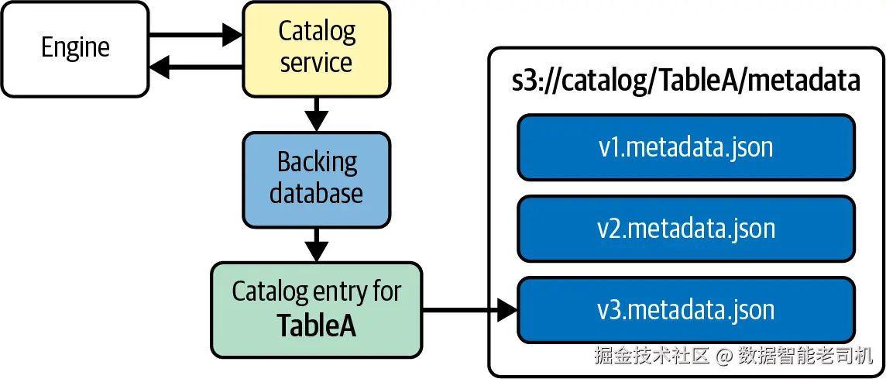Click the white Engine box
75,49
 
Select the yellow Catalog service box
316,49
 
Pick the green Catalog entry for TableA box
316,310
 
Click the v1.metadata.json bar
685,146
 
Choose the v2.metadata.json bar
685,229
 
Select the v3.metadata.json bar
685,310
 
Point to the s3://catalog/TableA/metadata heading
685,80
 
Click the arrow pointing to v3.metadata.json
469,311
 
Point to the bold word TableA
316,326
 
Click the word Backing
317,163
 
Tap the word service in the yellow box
316,63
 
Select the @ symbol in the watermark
724,357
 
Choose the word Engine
75,49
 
